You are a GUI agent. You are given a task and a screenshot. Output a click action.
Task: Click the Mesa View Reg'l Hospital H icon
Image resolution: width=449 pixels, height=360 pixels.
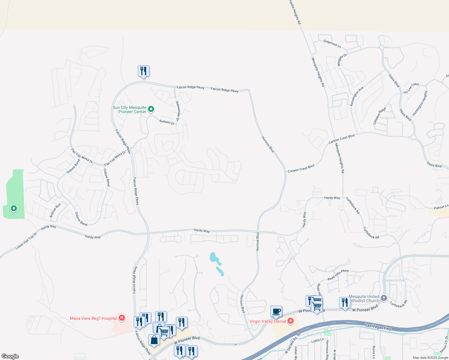(122, 318)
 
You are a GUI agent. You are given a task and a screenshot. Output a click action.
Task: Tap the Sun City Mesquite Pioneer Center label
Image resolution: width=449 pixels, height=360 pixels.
(129, 109)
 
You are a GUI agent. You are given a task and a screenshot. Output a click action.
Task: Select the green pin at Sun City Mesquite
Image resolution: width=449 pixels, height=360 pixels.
(151, 109)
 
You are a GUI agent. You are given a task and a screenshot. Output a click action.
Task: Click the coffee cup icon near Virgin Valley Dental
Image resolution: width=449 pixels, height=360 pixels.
(276, 311)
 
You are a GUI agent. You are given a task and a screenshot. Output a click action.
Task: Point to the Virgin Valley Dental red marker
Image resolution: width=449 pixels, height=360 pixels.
(290, 321)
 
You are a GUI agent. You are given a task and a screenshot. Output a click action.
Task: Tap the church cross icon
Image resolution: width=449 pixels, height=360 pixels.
(384, 298)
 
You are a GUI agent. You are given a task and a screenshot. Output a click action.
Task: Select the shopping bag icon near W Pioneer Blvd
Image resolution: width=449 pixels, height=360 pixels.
(154, 340)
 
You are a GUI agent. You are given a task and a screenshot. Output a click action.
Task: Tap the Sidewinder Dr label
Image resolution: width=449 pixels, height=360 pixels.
(178, 111)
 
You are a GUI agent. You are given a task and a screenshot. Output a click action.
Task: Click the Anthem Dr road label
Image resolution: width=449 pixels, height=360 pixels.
(167, 122)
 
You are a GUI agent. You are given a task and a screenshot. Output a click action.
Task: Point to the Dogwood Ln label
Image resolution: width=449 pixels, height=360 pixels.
(332, 44)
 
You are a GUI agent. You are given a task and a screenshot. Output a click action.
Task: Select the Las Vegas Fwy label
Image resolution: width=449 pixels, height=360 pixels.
(378, 327)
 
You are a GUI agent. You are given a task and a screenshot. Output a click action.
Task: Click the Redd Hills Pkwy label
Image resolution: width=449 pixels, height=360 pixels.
(338, 275)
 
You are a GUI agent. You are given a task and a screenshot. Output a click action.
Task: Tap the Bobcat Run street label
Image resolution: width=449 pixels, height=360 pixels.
(55, 210)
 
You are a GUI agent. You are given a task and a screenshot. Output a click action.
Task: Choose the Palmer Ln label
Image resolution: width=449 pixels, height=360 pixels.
(441, 207)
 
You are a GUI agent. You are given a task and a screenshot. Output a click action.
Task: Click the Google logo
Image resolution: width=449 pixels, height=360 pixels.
(10, 356)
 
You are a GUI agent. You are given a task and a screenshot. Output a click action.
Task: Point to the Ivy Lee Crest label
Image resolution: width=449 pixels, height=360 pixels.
(411, 88)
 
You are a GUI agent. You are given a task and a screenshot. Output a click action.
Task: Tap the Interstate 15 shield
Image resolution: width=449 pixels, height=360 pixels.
(298, 333)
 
